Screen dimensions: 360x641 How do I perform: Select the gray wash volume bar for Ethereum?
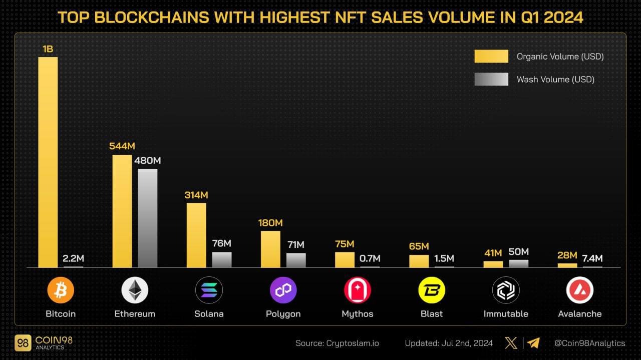148,218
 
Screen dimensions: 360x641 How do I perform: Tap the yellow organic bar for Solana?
196,235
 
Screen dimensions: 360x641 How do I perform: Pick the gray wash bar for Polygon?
296,260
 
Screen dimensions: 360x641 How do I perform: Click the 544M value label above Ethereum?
122,146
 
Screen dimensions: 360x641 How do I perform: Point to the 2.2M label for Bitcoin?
73,258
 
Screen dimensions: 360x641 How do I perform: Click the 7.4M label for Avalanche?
592,258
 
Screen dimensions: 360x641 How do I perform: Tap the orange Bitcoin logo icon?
61,290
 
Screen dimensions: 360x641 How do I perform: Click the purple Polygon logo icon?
283,290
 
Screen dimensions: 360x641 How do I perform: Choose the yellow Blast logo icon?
432,290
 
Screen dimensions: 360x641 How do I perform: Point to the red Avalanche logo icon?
580,290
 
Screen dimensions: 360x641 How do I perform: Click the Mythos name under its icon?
358,314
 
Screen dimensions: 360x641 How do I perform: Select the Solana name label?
209,314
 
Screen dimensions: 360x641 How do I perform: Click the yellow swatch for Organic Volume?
491,57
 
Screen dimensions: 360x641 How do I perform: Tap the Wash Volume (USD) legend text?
555,79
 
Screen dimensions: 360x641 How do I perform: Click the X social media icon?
511,343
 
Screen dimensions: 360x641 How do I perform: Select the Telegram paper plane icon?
533,343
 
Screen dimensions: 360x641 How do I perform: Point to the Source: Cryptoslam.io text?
337,343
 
